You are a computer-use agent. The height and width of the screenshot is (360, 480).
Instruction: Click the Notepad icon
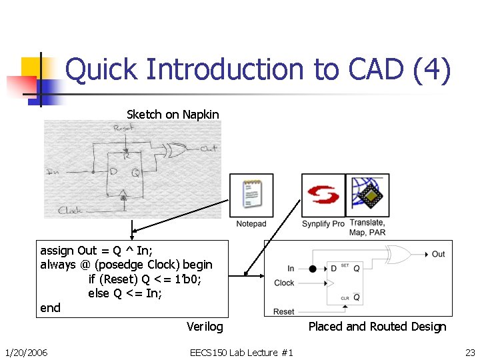tap(251, 195)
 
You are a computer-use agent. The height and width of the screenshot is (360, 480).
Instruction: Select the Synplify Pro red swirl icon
tap(323, 195)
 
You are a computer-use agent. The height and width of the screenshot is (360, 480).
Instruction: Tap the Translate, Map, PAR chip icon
tap(367, 195)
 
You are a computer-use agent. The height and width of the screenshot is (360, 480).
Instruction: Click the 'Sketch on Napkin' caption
tap(173, 115)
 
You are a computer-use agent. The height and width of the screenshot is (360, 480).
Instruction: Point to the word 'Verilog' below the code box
tap(205, 327)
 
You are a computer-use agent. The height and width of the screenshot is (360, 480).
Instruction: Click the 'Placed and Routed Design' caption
tap(377, 327)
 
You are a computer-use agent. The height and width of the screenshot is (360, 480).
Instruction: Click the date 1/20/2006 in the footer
tap(26, 352)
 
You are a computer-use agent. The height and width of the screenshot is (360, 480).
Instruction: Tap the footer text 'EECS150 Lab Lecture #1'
tap(241, 352)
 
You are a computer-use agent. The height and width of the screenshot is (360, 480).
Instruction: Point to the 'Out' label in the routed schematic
tap(438, 254)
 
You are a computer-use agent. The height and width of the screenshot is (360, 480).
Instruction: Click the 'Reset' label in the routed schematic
tap(284, 311)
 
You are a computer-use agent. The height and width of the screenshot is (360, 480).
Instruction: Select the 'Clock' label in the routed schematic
tap(284, 283)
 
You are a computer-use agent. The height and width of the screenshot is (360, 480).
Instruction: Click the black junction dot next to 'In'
tap(313, 269)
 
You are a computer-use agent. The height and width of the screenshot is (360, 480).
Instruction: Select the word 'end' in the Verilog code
tap(50, 308)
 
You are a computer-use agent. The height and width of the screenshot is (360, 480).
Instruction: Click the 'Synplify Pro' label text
tap(323, 223)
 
